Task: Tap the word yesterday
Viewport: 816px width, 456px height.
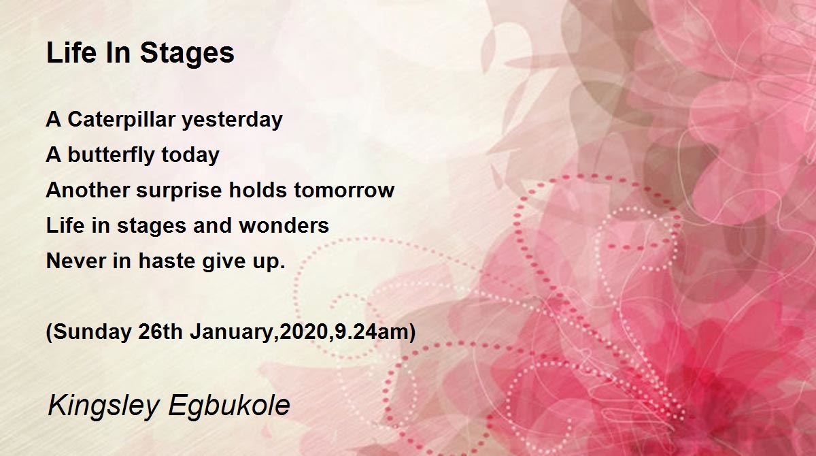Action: pos(232,120)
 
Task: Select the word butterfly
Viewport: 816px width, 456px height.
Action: pos(112,155)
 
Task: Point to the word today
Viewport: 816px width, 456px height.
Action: pos(190,155)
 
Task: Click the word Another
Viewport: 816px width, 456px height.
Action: pos(88,191)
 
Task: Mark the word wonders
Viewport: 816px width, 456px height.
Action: pos(284,226)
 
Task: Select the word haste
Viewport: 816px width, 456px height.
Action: pos(167,261)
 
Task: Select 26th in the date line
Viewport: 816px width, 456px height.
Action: pos(160,331)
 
